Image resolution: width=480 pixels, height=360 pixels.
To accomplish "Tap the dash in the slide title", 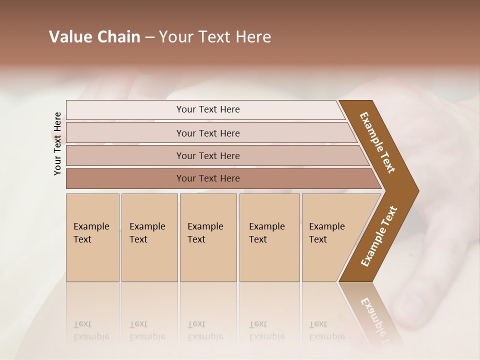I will pyautogui.click(x=149, y=37).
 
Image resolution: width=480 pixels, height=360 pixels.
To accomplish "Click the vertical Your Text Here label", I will pyautogui.click(x=57, y=143).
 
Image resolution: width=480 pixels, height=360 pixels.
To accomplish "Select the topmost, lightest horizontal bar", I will pyautogui.click(x=207, y=109).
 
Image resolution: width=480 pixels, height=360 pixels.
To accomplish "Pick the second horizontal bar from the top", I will pyautogui.click(x=207, y=133).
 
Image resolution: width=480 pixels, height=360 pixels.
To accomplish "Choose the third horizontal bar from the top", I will pyautogui.click(x=207, y=155).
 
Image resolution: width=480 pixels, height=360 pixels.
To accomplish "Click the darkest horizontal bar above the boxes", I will pyautogui.click(x=207, y=178).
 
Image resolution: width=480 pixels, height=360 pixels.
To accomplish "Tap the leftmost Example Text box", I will pyautogui.click(x=92, y=237).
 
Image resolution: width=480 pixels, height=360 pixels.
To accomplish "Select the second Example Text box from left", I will pyautogui.click(x=149, y=237).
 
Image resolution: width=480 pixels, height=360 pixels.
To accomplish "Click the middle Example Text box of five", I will pyautogui.click(x=208, y=237).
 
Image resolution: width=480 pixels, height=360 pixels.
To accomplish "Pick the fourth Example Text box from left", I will pyautogui.click(x=269, y=237).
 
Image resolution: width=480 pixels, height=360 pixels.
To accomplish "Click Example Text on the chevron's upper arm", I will pyautogui.click(x=378, y=142).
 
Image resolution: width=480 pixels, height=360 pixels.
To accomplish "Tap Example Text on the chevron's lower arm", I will pyautogui.click(x=379, y=236).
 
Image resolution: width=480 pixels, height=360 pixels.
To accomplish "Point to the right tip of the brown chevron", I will pyautogui.click(x=417, y=191).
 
